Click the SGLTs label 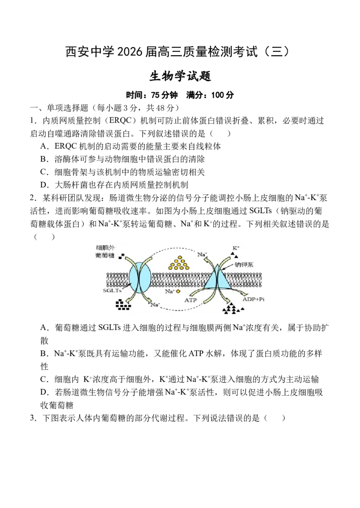(113, 291)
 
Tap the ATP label (191, 299)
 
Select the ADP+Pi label (255, 299)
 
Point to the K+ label (235, 248)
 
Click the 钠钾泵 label (244, 265)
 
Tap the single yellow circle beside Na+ (178, 291)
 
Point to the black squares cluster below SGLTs (123, 305)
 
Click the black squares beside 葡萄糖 (121, 257)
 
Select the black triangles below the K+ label (234, 254)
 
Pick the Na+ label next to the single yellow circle (170, 291)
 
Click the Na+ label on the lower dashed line (155, 305)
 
